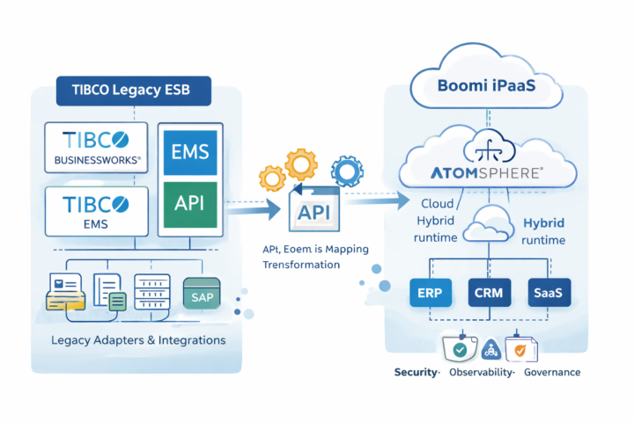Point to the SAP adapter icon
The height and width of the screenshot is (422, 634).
coord(202,296)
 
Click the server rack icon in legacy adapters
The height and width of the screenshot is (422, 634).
coord(152,291)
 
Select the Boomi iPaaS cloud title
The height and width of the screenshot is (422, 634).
coord(487,87)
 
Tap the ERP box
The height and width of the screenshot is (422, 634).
coord(431,293)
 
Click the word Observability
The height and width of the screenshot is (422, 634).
coord(480,372)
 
